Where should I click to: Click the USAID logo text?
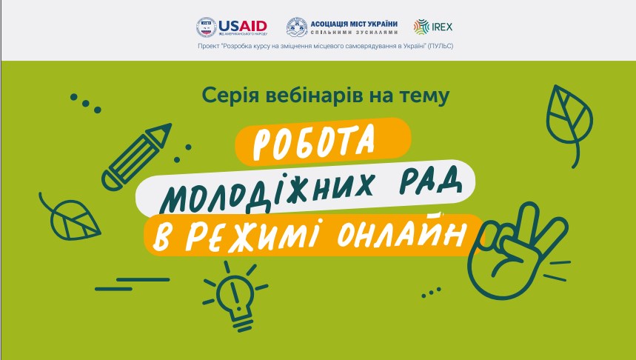[243, 27]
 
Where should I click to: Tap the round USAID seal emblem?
[207, 27]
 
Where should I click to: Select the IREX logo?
[433, 27]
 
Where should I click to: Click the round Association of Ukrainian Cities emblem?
[297, 27]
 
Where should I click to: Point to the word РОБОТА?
[313, 141]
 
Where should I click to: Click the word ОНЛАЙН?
[401, 234]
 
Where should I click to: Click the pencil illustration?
[136, 156]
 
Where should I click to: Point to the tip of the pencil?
[170, 125]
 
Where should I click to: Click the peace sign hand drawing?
[518, 251]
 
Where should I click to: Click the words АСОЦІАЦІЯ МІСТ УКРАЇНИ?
[354, 24]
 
